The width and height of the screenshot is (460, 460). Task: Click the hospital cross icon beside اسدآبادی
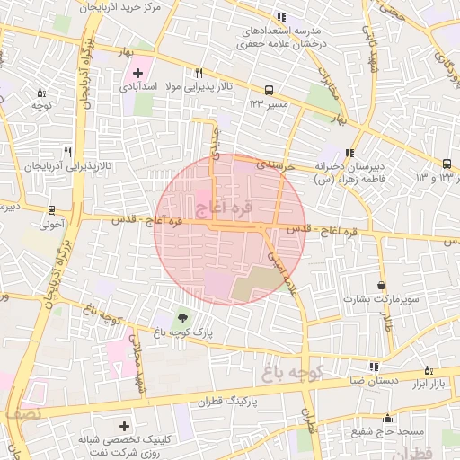tap(137, 72)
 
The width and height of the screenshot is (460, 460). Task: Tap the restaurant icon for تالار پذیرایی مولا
tap(199, 73)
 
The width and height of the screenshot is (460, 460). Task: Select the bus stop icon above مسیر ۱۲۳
tap(269, 90)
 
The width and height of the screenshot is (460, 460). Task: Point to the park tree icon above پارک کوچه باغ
tap(182, 318)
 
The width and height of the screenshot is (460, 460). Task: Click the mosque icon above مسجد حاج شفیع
tap(387, 418)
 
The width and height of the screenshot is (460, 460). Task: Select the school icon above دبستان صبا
tap(373, 366)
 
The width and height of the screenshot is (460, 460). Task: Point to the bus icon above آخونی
tap(51, 212)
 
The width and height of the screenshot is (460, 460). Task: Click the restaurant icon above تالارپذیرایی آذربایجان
tap(67, 153)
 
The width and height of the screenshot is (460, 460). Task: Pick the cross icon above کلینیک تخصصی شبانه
tap(124, 426)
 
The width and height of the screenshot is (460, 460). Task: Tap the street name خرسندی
tap(273, 165)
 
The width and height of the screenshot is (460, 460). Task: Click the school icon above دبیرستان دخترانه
tap(349, 153)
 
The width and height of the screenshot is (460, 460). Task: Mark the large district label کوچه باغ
tap(293, 368)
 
